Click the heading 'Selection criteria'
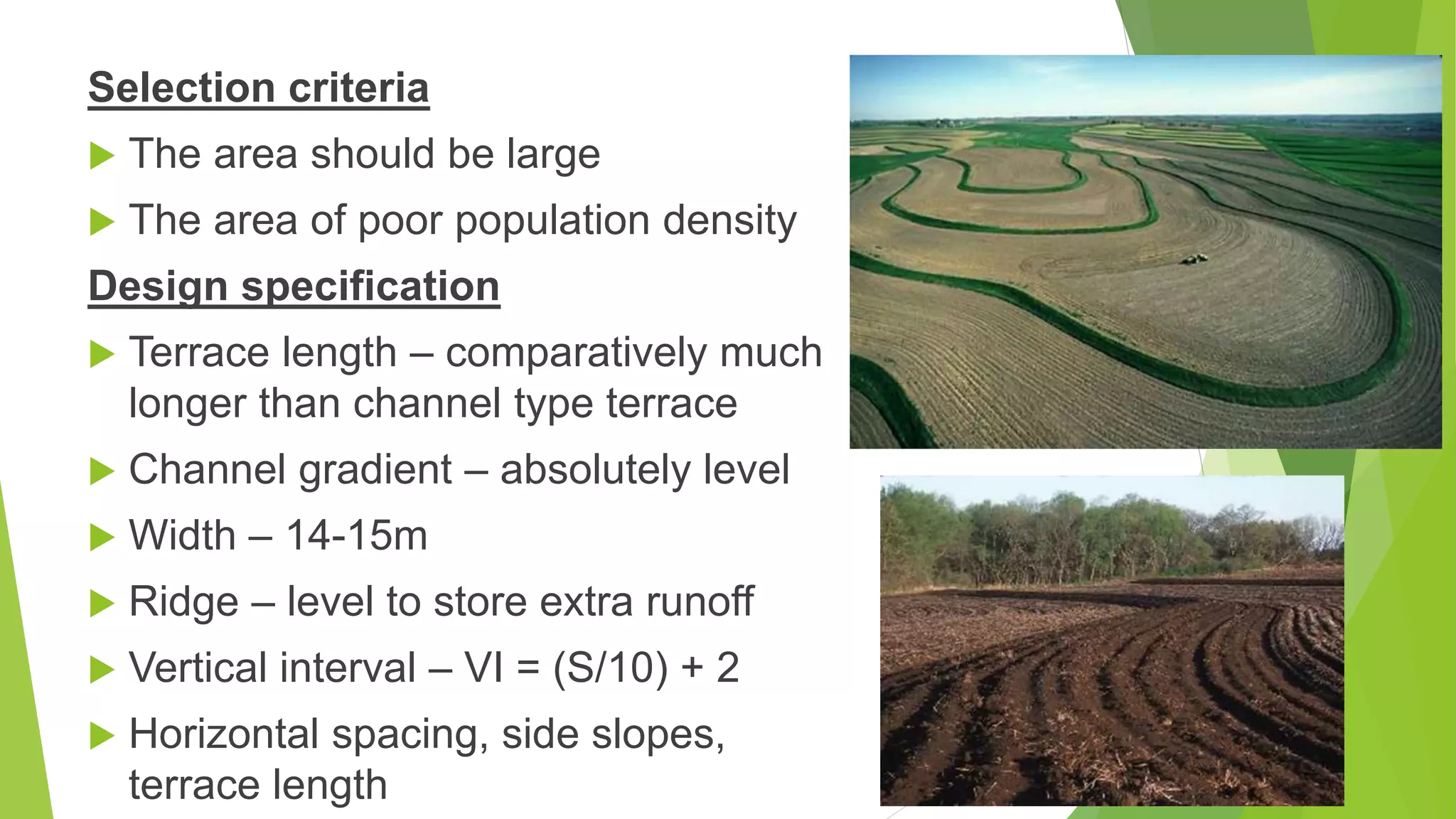click(x=258, y=87)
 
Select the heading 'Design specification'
click(x=294, y=286)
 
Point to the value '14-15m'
click(x=356, y=535)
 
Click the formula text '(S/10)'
click(x=610, y=668)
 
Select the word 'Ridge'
click(x=183, y=602)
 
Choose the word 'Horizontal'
click(x=223, y=734)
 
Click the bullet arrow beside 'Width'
click(x=102, y=537)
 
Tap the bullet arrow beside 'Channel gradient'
click(x=102, y=471)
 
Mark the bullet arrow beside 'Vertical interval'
click(x=102, y=670)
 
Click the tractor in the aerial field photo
click(x=1194, y=259)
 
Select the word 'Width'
click(x=182, y=535)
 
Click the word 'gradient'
click(x=375, y=470)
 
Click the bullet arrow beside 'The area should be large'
click(x=102, y=156)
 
